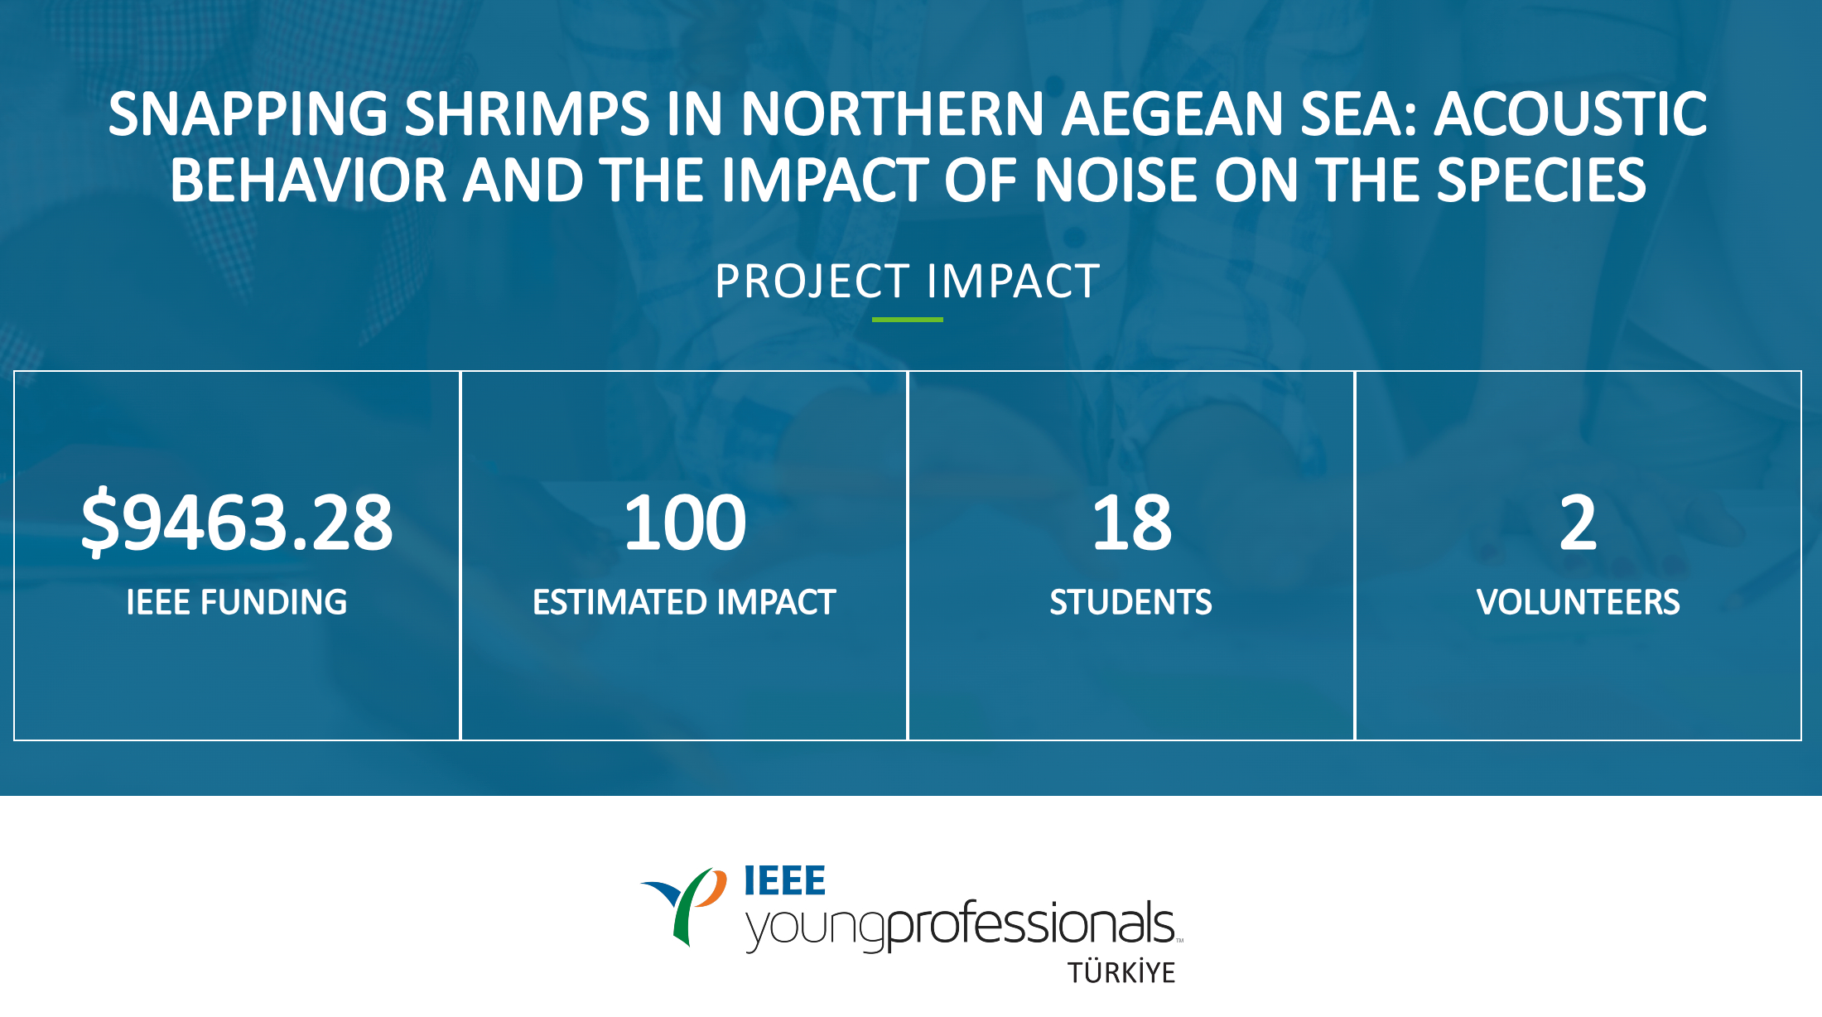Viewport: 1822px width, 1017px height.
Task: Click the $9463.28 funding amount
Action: tap(237, 523)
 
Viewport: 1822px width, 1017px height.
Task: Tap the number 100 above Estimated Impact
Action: tap(685, 523)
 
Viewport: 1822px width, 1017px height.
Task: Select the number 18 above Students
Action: tap(1131, 523)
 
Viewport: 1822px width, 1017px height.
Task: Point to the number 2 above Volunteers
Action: tap(1578, 523)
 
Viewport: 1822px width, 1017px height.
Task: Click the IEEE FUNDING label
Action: tap(237, 602)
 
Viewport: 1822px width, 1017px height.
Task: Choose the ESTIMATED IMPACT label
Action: tap(684, 602)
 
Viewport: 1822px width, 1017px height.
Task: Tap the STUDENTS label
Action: tap(1131, 602)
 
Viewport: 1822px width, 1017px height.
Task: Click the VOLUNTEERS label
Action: tap(1579, 602)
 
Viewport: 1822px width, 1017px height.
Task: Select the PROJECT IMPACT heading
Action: tap(908, 282)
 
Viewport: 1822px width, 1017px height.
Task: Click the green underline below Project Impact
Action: tap(908, 320)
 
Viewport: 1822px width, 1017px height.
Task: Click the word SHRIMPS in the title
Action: tap(527, 113)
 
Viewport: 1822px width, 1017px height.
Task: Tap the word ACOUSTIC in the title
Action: tap(1570, 113)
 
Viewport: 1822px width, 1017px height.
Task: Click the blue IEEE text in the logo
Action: tap(784, 880)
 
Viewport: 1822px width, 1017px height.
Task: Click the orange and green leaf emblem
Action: tap(686, 906)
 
